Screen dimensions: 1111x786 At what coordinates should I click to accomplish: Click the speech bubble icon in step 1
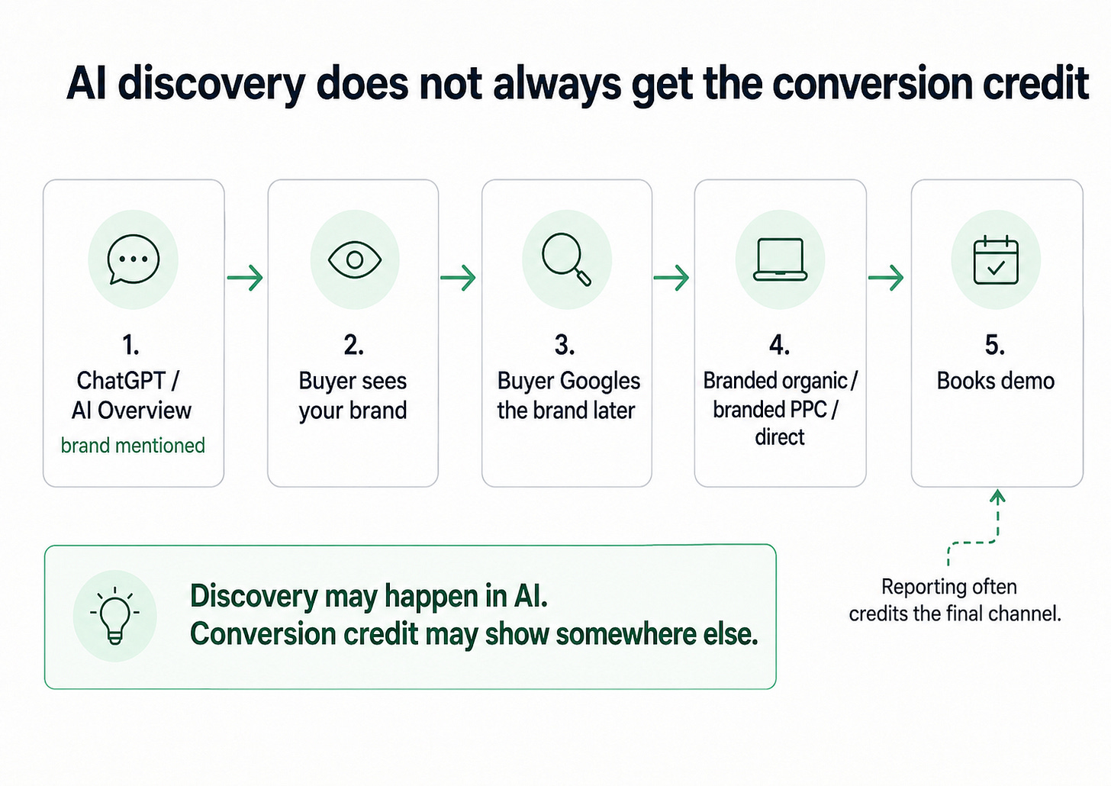click(x=133, y=259)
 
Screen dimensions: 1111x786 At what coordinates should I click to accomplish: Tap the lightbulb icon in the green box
click(x=114, y=615)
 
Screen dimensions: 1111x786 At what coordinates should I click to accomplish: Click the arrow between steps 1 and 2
click(x=245, y=278)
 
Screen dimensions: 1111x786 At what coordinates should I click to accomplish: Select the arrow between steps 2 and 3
click(x=459, y=278)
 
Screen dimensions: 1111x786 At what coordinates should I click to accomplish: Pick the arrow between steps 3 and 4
click(x=671, y=278)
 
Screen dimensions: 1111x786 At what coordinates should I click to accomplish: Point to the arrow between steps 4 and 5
click(x=886, y=278)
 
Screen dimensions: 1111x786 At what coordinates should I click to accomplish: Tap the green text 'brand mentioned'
click(x=133, y=446)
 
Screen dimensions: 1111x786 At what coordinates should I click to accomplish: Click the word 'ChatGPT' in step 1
click(x=121, y=381)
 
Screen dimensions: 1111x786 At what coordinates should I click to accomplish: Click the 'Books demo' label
click(x=996, y=382)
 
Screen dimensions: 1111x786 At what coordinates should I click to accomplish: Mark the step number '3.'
click(x=565, y=345)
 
